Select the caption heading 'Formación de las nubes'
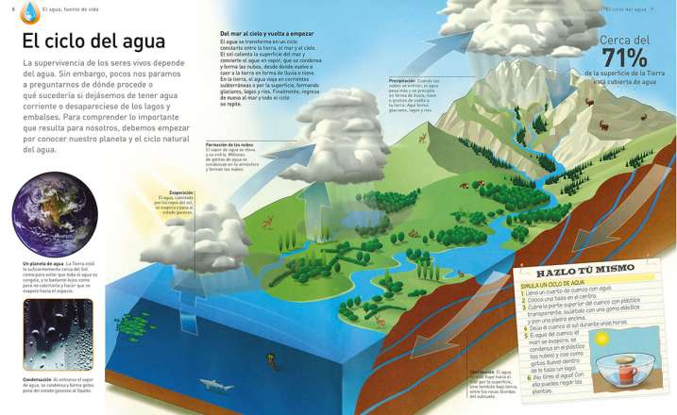click(x=226, y=144)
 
